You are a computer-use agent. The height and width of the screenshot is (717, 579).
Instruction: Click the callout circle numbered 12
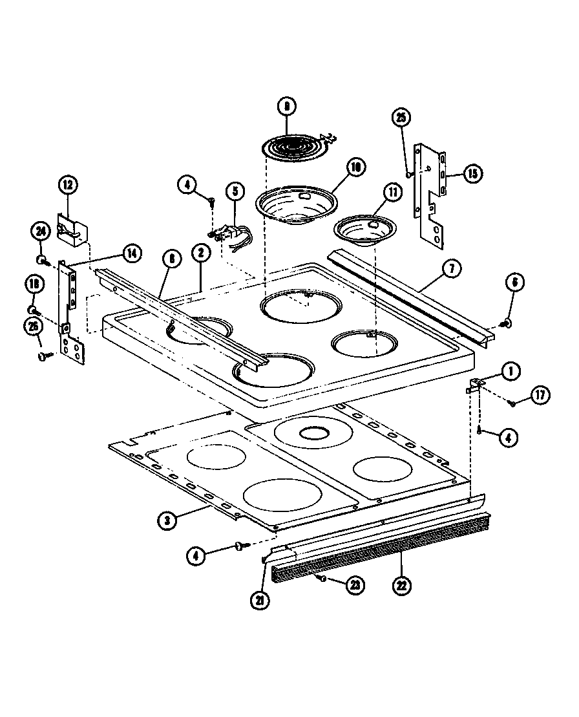click(68, 185)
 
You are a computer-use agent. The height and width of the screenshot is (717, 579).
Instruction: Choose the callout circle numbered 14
click(131, 253)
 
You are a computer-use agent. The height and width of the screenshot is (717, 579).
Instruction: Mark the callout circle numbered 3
click(167, 519)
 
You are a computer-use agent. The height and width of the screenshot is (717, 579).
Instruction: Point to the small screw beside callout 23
click(322, 579)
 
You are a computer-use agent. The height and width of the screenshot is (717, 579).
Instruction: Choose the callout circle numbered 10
click(355, 167)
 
